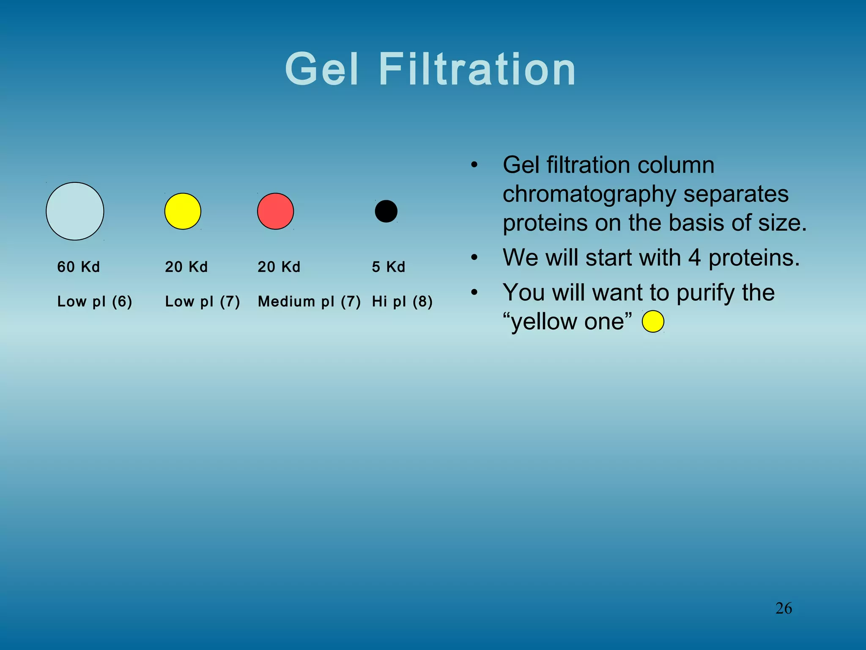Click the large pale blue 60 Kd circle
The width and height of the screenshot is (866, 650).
(75, 211)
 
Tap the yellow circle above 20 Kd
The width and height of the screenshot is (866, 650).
(183, 211)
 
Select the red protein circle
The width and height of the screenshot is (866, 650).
(275, 211)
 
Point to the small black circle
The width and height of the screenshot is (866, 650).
(386, 211)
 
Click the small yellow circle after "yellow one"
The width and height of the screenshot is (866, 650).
(653, 321)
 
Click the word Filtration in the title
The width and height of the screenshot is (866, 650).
(477, 69)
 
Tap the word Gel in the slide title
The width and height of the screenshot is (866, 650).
(322, 69)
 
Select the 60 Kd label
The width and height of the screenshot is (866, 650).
(79, 267)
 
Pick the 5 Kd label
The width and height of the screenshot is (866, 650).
(389, 267)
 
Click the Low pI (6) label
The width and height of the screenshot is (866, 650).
(95, 301)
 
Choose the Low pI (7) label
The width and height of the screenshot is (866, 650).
(203, 301)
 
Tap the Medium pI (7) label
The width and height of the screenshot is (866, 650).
(309, 301)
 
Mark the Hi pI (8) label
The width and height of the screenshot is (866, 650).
(402, 301)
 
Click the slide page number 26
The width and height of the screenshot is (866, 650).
(784, 608)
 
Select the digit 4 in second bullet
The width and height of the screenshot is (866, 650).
(694, 257)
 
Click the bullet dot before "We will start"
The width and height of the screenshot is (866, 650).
(474, 257)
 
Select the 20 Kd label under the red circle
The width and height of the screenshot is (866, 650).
(279, 267)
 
